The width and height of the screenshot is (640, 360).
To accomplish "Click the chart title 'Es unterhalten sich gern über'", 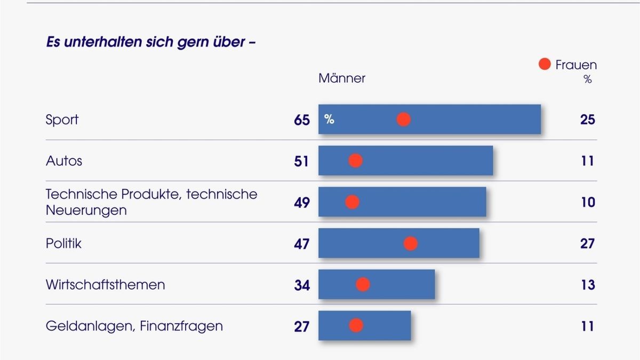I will click(151, 42).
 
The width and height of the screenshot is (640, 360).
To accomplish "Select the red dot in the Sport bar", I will click(404, 119).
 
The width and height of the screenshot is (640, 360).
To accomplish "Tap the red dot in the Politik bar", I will click(410, 243).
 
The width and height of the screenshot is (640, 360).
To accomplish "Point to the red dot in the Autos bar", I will click(355, 161).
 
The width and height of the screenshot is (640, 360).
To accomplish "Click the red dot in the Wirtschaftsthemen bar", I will click(363, 285).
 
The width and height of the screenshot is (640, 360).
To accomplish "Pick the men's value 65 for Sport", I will click(301, 120).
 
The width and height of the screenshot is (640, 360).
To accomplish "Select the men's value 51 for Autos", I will click(301, 161).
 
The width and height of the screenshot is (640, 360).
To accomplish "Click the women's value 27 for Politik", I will click(587, 244).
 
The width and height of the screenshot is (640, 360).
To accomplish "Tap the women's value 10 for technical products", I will click(587, 202).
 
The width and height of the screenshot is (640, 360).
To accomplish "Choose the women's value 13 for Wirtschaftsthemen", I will click(587, 285).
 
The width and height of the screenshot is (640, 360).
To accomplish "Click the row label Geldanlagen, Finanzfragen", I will click(134, 326).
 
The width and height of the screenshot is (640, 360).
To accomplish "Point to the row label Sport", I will click(62, 119).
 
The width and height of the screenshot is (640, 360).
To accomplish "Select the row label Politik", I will click(63, 243).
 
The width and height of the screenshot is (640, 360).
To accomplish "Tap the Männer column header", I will click(342, 78).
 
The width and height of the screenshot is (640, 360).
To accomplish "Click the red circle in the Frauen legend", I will click(544, 65).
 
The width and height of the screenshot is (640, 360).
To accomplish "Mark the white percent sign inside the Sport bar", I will click(329, 119).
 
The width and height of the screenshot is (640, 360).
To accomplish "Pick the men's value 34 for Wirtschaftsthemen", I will click(301, 285).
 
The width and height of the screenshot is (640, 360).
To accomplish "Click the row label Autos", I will click(64, 161).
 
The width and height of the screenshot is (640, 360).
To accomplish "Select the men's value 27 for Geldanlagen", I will click(301, 326).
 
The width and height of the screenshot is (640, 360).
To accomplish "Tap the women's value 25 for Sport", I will click(587, 119).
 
